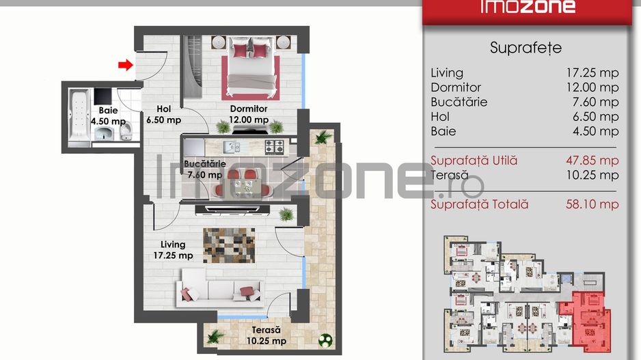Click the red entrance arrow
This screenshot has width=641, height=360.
tap(124, 65)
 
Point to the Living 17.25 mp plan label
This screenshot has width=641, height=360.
tap(173, 250)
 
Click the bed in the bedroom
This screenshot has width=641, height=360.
tap(251, 68)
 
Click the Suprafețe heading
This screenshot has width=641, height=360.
tap(526, 48)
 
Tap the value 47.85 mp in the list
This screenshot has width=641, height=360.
tap(592, 161)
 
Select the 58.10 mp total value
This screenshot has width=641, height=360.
tap(592, 204)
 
